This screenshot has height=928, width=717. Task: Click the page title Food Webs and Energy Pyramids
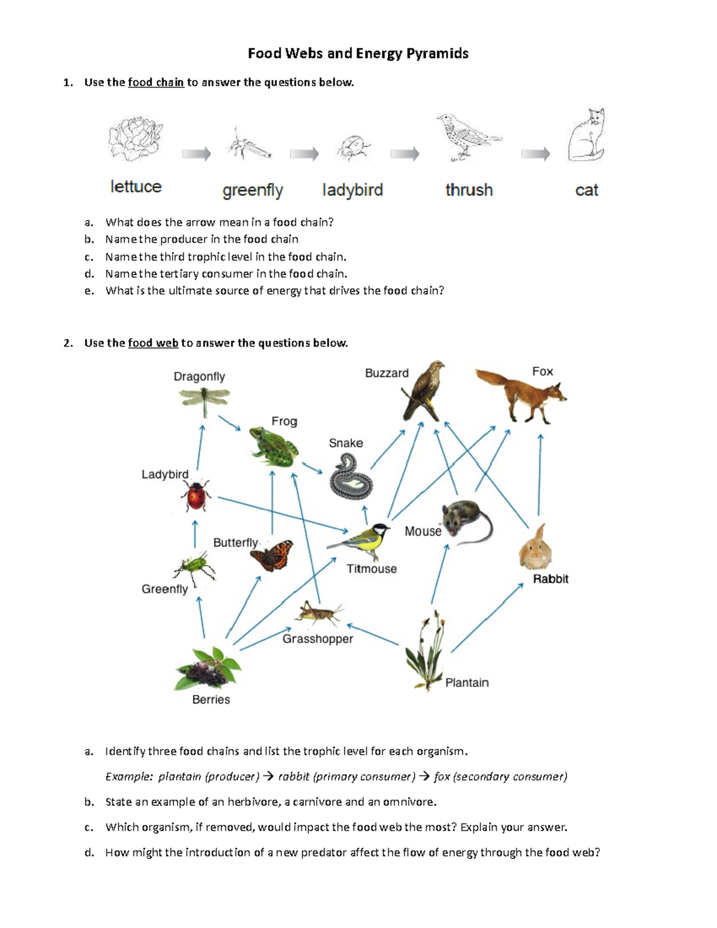(358, 54)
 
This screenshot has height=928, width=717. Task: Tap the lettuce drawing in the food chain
(136, 139)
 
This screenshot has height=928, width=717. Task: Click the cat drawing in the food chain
(587, 136)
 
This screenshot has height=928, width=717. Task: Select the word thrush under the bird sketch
(469, 190)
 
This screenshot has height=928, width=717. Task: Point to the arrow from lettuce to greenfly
(197, 154)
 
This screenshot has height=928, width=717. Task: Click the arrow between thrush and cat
(535, 154)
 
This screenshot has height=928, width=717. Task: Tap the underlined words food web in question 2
(153, 343)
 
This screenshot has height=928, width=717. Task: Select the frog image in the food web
(274, 446)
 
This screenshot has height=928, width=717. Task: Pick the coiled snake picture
(351, 476)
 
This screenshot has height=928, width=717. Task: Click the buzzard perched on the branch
(424, 391)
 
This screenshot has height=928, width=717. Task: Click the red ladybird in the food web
(196, 495)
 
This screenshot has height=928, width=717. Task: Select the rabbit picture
(535, 547)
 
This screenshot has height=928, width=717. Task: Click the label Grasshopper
(317, 639)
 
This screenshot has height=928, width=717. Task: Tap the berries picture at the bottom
(207, 669)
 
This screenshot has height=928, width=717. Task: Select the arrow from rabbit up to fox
(540, 474)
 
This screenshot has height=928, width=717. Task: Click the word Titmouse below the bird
(372, 569)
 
